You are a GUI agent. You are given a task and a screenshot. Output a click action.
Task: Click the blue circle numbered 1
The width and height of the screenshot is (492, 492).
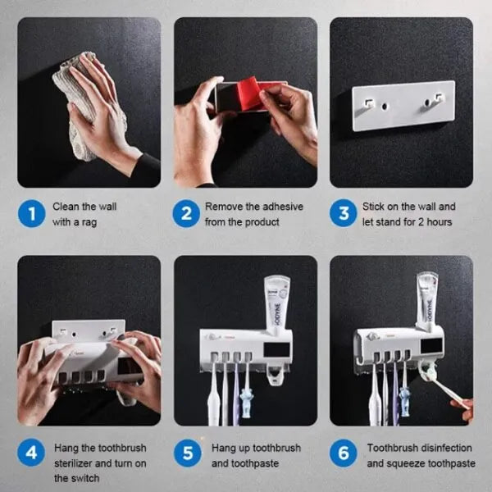point(32,214)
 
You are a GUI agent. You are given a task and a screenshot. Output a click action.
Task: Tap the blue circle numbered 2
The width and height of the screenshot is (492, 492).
point(186,214)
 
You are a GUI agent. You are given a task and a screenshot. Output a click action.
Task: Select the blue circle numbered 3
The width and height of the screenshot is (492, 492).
point(344,213)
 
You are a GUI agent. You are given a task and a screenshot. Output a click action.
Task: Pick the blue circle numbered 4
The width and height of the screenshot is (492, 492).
point(31,453)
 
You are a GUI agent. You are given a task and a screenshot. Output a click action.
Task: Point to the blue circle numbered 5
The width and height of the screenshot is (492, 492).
point(188,453)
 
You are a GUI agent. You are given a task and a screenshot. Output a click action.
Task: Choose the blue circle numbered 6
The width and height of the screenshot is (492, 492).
point(344,453)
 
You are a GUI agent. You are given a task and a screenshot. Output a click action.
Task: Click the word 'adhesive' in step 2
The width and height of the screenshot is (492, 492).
point(283,207)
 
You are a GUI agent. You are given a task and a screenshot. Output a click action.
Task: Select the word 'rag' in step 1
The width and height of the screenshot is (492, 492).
point(89,222)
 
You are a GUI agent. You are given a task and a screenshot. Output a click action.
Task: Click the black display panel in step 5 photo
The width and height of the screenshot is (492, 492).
point(276,349)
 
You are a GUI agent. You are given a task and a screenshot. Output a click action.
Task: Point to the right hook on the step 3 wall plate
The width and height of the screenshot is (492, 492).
point(438,98)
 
